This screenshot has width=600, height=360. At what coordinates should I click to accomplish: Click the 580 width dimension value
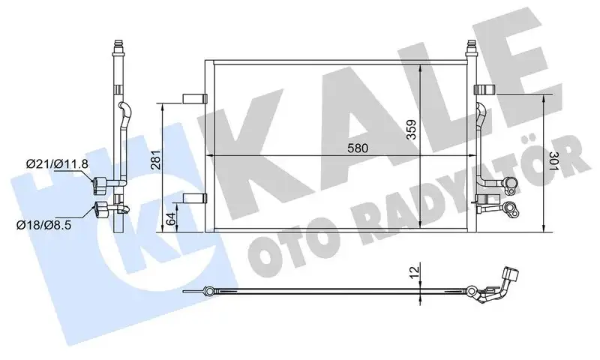358,148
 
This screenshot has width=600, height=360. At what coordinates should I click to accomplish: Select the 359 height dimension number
411,130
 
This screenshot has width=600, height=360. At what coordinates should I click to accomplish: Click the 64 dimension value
171,218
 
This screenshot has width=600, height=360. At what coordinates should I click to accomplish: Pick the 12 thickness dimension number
414,271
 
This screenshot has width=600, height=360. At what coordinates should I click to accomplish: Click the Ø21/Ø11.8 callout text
57,164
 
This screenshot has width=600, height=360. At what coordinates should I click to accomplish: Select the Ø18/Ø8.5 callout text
43,224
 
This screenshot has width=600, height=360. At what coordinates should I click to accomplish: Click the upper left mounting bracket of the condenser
195,99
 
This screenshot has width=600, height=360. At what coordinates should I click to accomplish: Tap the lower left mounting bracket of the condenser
195,198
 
